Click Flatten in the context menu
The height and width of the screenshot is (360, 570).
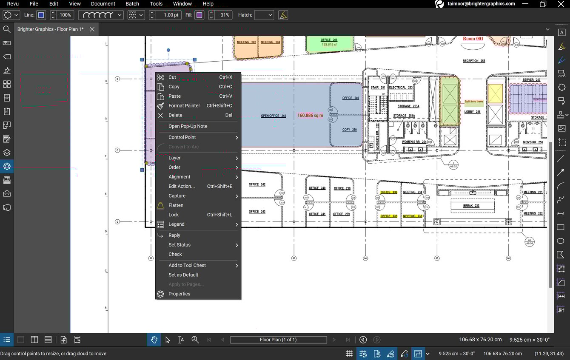pyautogui.click(x=176, y=205)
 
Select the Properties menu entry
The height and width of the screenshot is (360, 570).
pyautogui.click(x=179, y=294)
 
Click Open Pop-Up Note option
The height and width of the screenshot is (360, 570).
pyautogui.click(x=188, y=126)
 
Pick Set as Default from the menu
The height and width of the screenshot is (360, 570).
pyautogui.click(x=183, y=275)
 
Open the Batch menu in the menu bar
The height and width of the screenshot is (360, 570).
pyautogui.click(x=132, y=4)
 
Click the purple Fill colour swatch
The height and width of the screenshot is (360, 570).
pyautogui.click(x=199, y=15)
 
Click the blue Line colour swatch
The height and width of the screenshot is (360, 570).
pyautogui.click(x=41, y=15)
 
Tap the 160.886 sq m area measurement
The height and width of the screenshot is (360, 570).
pyautogui.click(x=310, y=116)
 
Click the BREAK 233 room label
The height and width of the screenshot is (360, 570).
pyautogui.click(x=471, y=206)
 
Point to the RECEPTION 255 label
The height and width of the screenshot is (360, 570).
pyautogui.click(x=474, y=61)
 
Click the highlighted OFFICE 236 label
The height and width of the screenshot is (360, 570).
pyautogui.click(x=389, y=193)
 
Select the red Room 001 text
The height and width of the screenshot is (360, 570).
pyautogui.click(x=473, y=39)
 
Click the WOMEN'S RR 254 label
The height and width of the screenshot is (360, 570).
pyautogui.click(x=414, y=142)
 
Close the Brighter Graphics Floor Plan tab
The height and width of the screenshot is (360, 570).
pyautogui.click(x=92, y=29)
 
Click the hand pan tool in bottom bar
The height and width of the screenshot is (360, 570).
pyautogui.click(x=154, y=340)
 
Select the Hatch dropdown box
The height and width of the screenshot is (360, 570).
pyautogui.click(x=264, y=15)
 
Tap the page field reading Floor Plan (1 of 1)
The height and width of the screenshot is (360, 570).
pyautogui.click(x=278, y=340)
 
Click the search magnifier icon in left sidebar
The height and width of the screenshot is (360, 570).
pyautogui.click(x=7, y=29)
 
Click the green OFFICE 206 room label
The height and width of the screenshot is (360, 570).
pyautogui.click(x=329, y=40)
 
